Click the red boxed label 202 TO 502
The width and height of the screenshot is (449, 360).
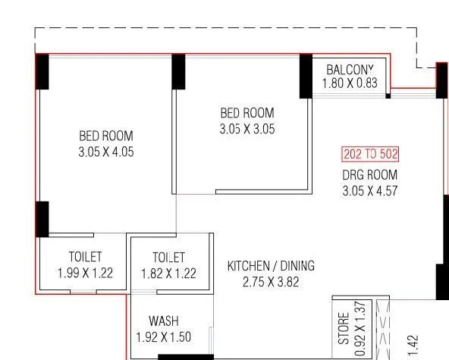pyautogui.click(x=369, y=155)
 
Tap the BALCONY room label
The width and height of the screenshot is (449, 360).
pyautogui.click(x=351, y=68)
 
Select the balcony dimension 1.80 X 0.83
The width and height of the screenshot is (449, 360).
pyautogui.click(x=350, y=83)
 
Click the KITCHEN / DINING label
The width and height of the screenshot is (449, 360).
pyautogui.click(x=271, y=266)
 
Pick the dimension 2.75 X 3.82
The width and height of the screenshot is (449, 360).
pyautogui.click(x=271, y=281)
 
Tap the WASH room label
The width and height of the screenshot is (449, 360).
pyautogui.click(x=163, y=321)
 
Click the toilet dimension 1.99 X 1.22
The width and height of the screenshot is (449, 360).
pyautogui.click(x=85, y=273)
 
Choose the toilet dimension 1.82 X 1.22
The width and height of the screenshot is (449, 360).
pyautogui.click(x=168, y=273)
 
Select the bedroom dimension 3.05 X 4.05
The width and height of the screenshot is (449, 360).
pyautogui.click(x=105, y=152)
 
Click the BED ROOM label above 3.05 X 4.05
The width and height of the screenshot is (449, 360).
pyautogui.click(x=105, y=136)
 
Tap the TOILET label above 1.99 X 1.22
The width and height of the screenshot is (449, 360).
pyautogui.click(x=85, y=258)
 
